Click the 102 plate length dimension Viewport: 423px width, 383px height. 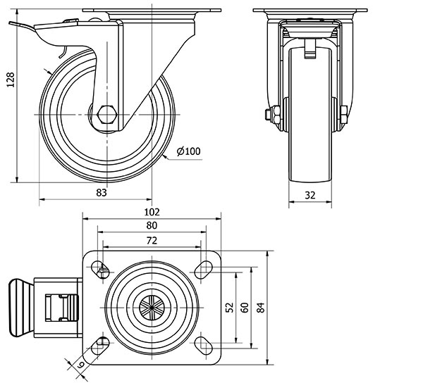(152, 211)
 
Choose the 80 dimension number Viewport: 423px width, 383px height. (152, 225)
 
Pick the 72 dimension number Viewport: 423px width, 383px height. (152, 240)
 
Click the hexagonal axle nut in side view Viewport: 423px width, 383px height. (107, 115)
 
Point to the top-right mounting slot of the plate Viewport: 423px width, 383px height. (204, 267)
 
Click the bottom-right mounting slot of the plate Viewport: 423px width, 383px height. (204, 344)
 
